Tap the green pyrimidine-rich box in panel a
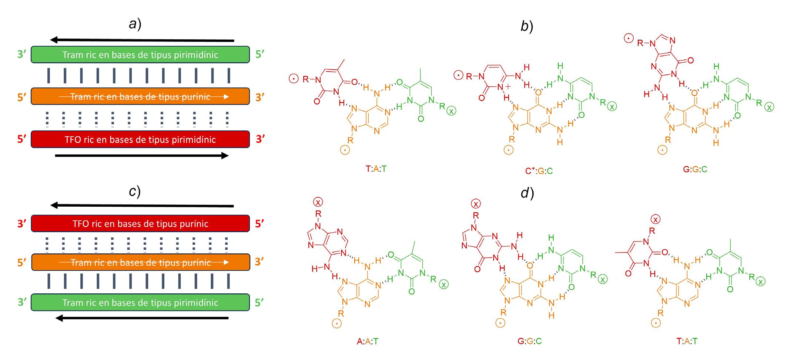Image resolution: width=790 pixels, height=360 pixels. tap(140, 54)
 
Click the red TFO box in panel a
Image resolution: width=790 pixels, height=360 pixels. tap(140, 139)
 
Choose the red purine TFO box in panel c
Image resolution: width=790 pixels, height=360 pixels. tap(140, 223)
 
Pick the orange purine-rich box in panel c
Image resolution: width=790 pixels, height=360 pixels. tap(140, 262)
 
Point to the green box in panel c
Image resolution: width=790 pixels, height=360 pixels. tap(140, 302)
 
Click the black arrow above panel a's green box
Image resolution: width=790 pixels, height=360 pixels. tap(143, 40)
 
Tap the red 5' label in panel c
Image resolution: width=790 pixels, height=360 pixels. tap(260, 223)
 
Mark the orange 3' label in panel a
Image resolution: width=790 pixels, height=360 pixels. tap(260, 97)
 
